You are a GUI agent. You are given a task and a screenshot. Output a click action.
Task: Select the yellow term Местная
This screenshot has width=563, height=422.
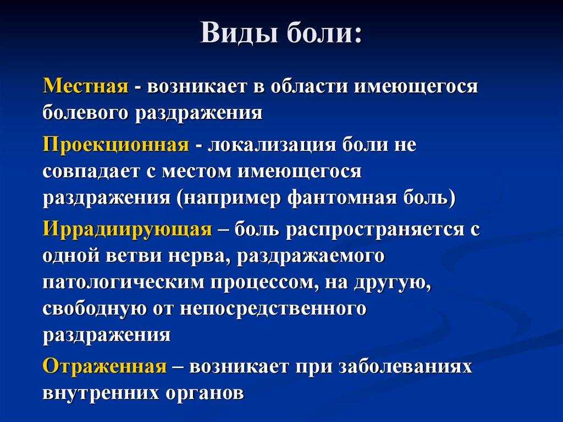85,86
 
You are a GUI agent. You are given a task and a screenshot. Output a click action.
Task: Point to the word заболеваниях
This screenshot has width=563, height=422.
405,367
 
